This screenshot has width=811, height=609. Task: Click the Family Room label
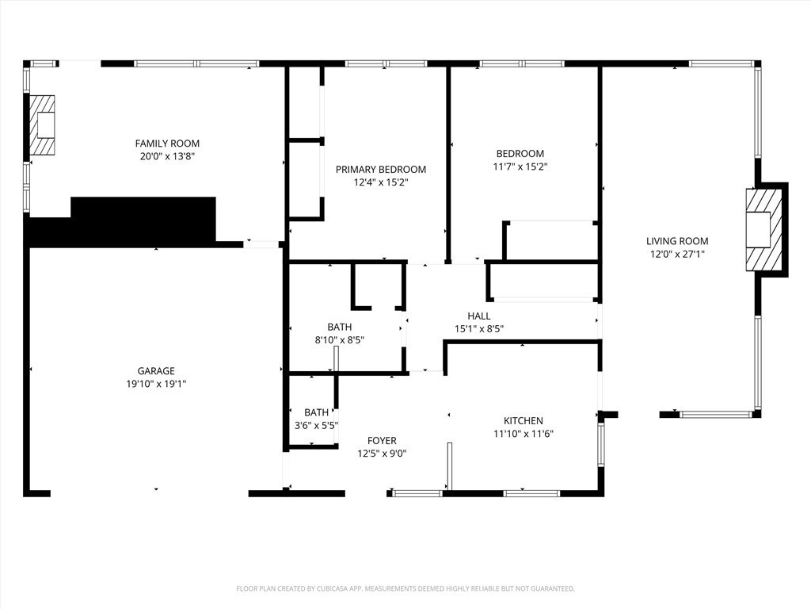(167, 144)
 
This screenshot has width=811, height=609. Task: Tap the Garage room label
(156, 370)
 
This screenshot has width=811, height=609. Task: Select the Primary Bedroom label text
(381, 169)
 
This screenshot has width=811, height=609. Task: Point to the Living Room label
(677, 241)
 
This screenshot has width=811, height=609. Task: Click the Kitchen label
(524, 420)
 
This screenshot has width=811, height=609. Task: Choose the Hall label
(479, 316)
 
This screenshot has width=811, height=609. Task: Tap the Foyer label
(382, 440)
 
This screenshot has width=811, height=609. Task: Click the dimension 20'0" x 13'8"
(167, 156)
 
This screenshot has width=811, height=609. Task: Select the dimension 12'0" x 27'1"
(677, 255)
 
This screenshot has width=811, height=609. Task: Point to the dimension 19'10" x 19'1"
(156, 384)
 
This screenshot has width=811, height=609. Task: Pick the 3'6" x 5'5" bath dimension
(316, 425)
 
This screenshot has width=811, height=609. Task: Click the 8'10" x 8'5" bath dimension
(340, 339)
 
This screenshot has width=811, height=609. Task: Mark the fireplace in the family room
(43, 125)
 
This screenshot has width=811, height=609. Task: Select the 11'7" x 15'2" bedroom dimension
(520, 167)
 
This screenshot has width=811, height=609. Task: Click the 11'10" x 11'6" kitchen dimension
(524, 434)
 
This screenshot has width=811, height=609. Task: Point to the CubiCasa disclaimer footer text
(405, 588)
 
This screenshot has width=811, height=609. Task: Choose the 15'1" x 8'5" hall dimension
(479, 328)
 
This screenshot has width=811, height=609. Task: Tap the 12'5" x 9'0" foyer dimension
(382, 454)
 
